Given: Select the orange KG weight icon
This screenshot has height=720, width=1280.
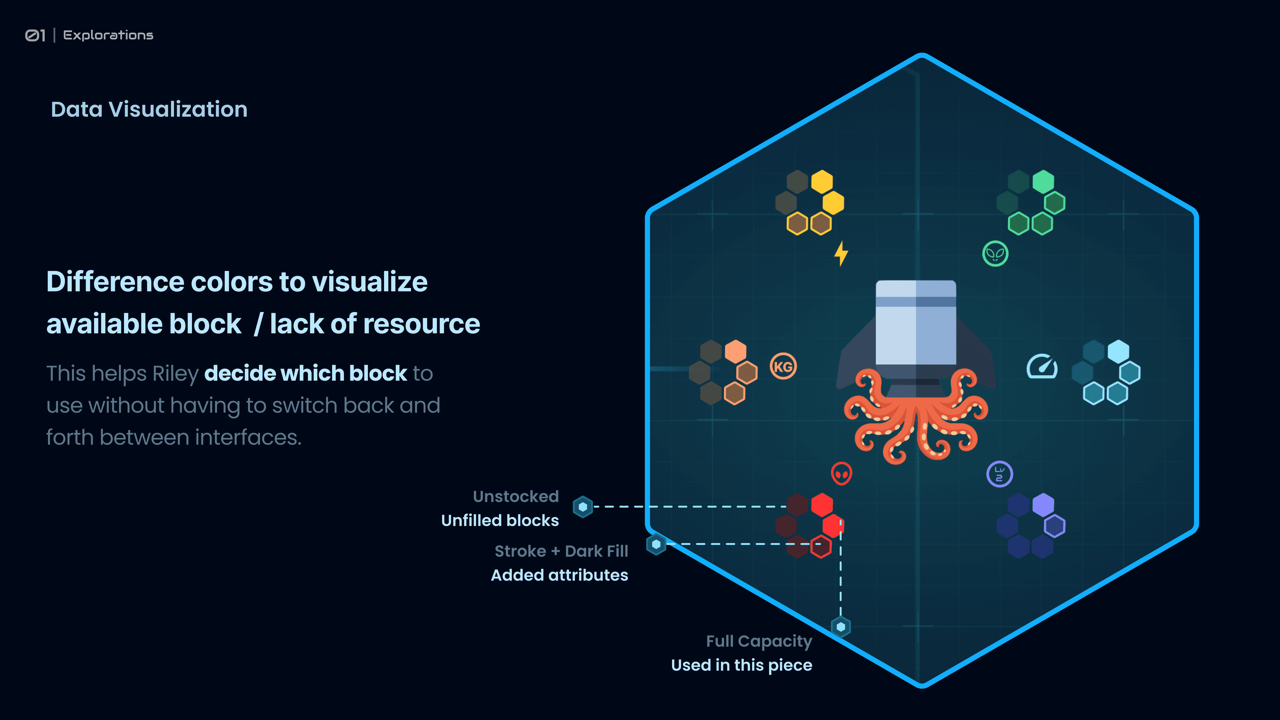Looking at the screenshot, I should [x=783, y=367].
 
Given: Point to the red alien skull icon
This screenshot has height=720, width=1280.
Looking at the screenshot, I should [x=841, y=474].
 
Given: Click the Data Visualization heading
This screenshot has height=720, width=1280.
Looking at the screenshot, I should [x=149, y=109].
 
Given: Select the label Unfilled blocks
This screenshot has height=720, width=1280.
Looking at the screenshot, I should [x=500, y=520].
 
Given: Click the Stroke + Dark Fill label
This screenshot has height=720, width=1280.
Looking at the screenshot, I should [x=561, y=551].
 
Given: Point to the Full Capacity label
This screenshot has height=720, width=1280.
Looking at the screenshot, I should [x=759, y=641].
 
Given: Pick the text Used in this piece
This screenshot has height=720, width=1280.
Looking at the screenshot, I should [x=741, y=665].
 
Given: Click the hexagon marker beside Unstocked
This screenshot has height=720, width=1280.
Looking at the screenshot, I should [x=583, y=507].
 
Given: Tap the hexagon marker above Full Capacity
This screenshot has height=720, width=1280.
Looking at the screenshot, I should [x=841, y=627].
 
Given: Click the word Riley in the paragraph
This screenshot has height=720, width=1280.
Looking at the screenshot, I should [x=175, y=374].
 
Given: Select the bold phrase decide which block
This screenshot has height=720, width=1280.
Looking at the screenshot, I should [x=306, y=374].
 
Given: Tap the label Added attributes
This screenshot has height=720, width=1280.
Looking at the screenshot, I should [x=560, y=575].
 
